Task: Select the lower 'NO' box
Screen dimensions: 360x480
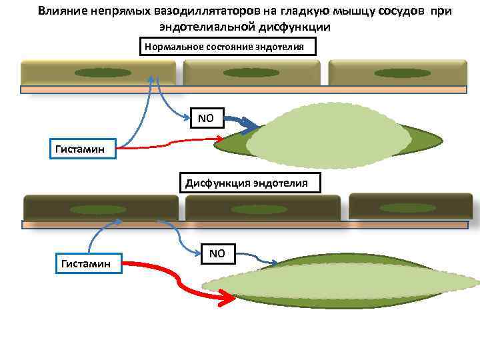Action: point(218,253)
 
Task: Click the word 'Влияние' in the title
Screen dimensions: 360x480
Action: point(59,11)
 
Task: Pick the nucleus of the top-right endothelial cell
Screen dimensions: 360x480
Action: point(397,73)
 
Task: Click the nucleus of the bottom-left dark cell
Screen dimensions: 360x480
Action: point(99,209)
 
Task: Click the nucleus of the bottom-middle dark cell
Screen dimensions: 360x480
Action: point(259,209)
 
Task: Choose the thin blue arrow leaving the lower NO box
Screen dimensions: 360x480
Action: point(257,257)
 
